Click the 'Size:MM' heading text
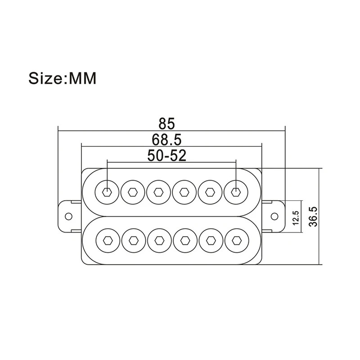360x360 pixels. click(x=63, y=78)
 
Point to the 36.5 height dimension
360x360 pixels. click(x=314, y=216)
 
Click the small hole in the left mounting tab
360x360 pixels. click(x=68, y=216)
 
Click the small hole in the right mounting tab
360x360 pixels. click(x=275, y=216)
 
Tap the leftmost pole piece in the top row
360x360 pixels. click(x=108, y=192)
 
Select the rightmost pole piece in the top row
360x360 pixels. click(x=235, y=192)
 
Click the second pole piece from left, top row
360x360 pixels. click(x=133, y=192)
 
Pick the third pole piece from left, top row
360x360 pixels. click(x=158, y=192)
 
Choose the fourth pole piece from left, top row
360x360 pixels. click(x=184, y=192)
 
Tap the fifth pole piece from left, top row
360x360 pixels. click(x=210, y=192)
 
